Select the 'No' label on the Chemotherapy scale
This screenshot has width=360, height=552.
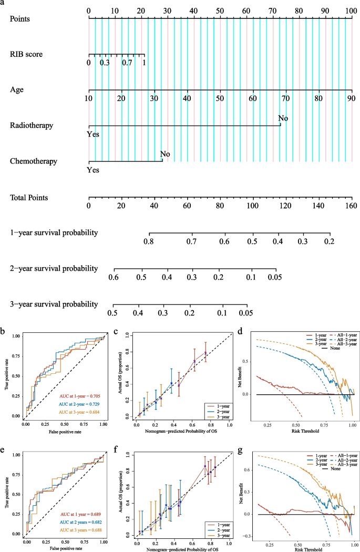[x=165, y=154]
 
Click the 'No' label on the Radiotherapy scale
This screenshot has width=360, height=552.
[x=283, y=118]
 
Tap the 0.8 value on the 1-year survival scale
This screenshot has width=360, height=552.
[x=149, y=241]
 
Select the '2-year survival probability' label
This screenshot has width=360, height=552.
[x=54, y=268]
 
